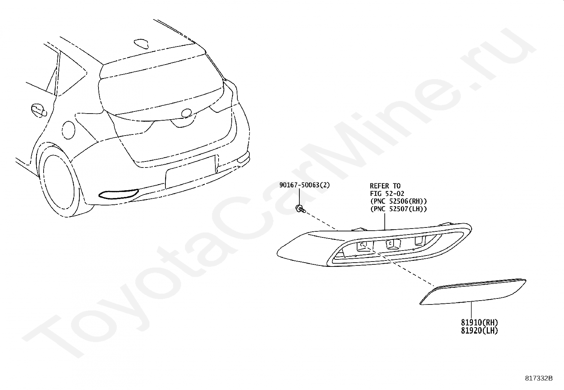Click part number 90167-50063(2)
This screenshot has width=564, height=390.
[304, 185]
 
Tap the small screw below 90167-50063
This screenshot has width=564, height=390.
[300, 209]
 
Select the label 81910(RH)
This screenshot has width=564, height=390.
[479, 323]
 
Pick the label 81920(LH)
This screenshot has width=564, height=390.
[479, 330]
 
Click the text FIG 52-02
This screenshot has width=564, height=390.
[387, 194]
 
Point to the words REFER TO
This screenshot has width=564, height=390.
[385, 186]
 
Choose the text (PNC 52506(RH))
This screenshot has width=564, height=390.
[398, 202]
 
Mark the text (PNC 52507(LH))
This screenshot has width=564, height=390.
[398, 209]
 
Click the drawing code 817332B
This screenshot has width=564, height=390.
[538, 378]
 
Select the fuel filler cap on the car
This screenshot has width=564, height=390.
[69, 130]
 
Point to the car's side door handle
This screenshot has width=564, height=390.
[38, 110]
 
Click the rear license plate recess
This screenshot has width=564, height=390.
[191, 172]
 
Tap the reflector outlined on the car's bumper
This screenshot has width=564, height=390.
[119, 193]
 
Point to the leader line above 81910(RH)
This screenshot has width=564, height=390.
[472, 311]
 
